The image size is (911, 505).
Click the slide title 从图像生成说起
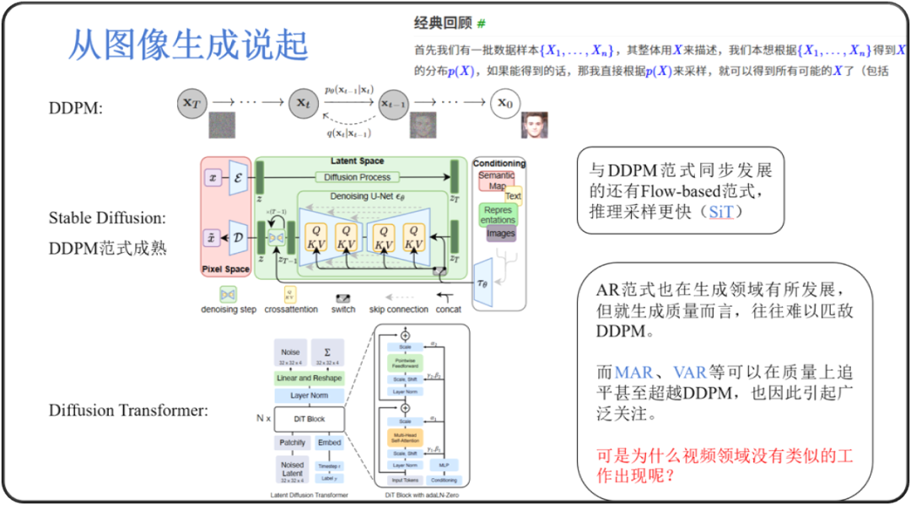[x=187, y=45]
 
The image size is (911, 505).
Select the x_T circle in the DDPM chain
[x=193, y=103]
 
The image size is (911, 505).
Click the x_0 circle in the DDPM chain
[x=504, y=103]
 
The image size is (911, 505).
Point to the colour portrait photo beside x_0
[x=534, y=125]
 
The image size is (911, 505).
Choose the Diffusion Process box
[x=357, y=177]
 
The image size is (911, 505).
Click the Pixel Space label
[x=225, y=270]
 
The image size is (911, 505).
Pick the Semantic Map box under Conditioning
[x=497, y=180]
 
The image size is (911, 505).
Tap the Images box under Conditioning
[x=500, y=234]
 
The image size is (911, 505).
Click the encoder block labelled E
[x=238, y=179]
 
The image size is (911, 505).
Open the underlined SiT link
[x=720, y=212]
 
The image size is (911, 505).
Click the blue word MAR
[x=633, y=373]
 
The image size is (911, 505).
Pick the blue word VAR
[x=689, y=373]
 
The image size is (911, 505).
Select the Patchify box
[x=293, y=443]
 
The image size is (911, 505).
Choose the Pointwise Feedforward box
[x=406, y=363]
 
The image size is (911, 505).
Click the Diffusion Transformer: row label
[x=128, y=411]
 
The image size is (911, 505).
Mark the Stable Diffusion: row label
[x=107, y=218]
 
